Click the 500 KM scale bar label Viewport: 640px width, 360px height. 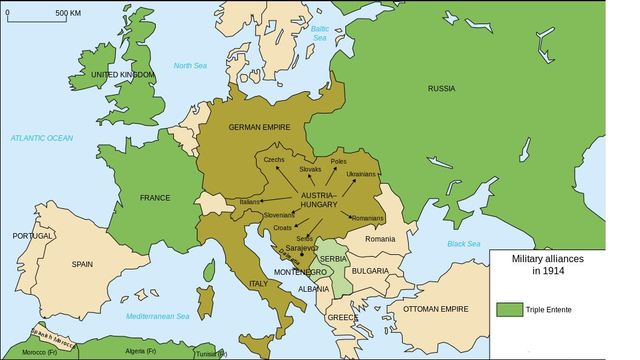68,13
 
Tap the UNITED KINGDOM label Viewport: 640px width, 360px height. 124,75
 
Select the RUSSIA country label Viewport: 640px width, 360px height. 441,89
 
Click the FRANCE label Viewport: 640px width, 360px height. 155,197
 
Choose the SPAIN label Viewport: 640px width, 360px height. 82,264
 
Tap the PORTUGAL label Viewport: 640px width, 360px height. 32,236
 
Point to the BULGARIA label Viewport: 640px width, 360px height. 370,270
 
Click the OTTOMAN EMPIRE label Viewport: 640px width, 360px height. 435,309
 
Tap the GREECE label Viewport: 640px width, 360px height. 343,318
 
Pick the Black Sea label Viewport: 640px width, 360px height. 464,243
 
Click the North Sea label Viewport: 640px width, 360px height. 190,66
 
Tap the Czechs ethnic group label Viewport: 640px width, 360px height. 275,160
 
